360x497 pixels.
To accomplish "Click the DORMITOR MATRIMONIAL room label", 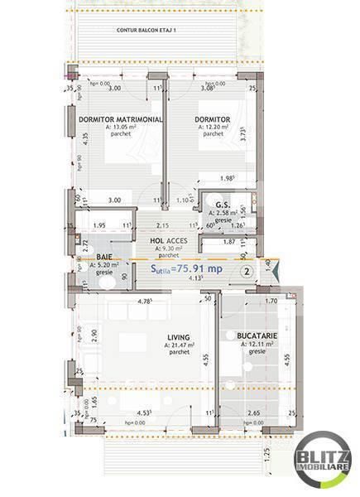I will (120, 119).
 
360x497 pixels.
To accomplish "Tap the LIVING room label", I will (178, 337).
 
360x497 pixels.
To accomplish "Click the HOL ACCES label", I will (168, 240).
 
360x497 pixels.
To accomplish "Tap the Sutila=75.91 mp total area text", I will (185, 268).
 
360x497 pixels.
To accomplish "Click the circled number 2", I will (246, 270).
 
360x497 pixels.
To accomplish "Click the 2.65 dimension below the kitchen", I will (254, 413).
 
